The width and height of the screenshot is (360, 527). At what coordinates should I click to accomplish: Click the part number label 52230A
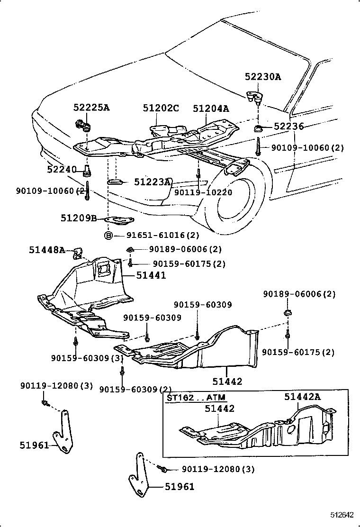263,77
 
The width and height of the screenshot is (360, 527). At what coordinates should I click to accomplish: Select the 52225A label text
91,108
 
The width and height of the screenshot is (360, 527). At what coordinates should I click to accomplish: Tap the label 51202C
161,109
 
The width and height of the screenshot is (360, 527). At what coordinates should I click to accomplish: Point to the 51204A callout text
211,109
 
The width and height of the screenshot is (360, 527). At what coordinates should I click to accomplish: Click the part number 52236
288,126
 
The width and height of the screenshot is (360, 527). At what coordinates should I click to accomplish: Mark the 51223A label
153,182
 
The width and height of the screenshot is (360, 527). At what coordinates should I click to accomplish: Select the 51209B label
79,218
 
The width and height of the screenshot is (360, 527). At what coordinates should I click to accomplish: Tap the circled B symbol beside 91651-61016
108,235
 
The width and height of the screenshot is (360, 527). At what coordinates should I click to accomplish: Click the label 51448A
47,250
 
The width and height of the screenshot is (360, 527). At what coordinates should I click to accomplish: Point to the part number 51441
152,274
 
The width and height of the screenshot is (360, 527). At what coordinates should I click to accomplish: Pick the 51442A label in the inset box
303,397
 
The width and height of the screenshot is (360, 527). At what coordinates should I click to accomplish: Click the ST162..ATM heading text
196,397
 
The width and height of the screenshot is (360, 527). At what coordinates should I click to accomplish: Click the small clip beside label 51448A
77,254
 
